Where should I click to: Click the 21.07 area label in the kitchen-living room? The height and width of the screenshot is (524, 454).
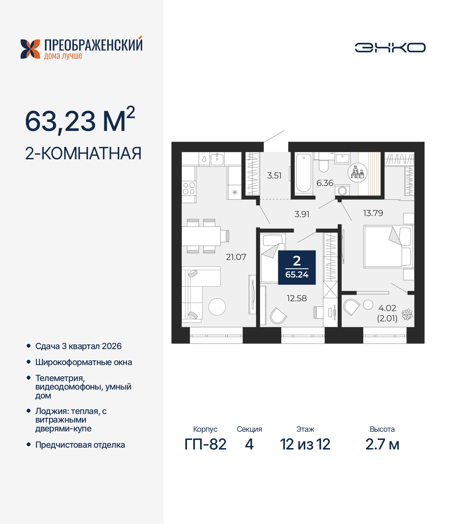[236, 257]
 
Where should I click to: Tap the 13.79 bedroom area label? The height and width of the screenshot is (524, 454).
[373, 213]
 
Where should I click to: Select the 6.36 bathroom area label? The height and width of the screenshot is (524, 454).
[325, 183]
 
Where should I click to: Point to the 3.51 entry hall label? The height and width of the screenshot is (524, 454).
[274, 175]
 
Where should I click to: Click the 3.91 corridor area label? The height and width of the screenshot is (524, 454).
[302, 214]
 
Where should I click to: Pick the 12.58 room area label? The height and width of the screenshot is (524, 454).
[297, 298]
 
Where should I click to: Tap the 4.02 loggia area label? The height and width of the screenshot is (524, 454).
[387, 308]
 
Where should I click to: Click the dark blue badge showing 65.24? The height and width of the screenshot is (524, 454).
[297, 267]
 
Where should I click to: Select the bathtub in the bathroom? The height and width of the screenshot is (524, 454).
[304, 173]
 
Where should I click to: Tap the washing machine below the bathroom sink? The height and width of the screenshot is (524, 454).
[342, 191]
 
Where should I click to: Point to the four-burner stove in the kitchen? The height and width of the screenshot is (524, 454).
[189, 188]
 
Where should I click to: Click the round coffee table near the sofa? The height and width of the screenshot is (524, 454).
[217, 307]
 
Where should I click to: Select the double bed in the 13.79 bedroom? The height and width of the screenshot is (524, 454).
[388, 247]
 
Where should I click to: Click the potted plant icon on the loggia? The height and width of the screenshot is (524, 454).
[407, 314]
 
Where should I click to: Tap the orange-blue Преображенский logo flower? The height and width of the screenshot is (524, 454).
[30, 49]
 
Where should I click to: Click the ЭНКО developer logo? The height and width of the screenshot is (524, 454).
[390, 48]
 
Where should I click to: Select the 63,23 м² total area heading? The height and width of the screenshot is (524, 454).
[80, 121]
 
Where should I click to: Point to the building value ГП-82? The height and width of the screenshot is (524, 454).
[205, 444]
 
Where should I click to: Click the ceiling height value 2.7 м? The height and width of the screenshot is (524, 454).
[382, 444]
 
